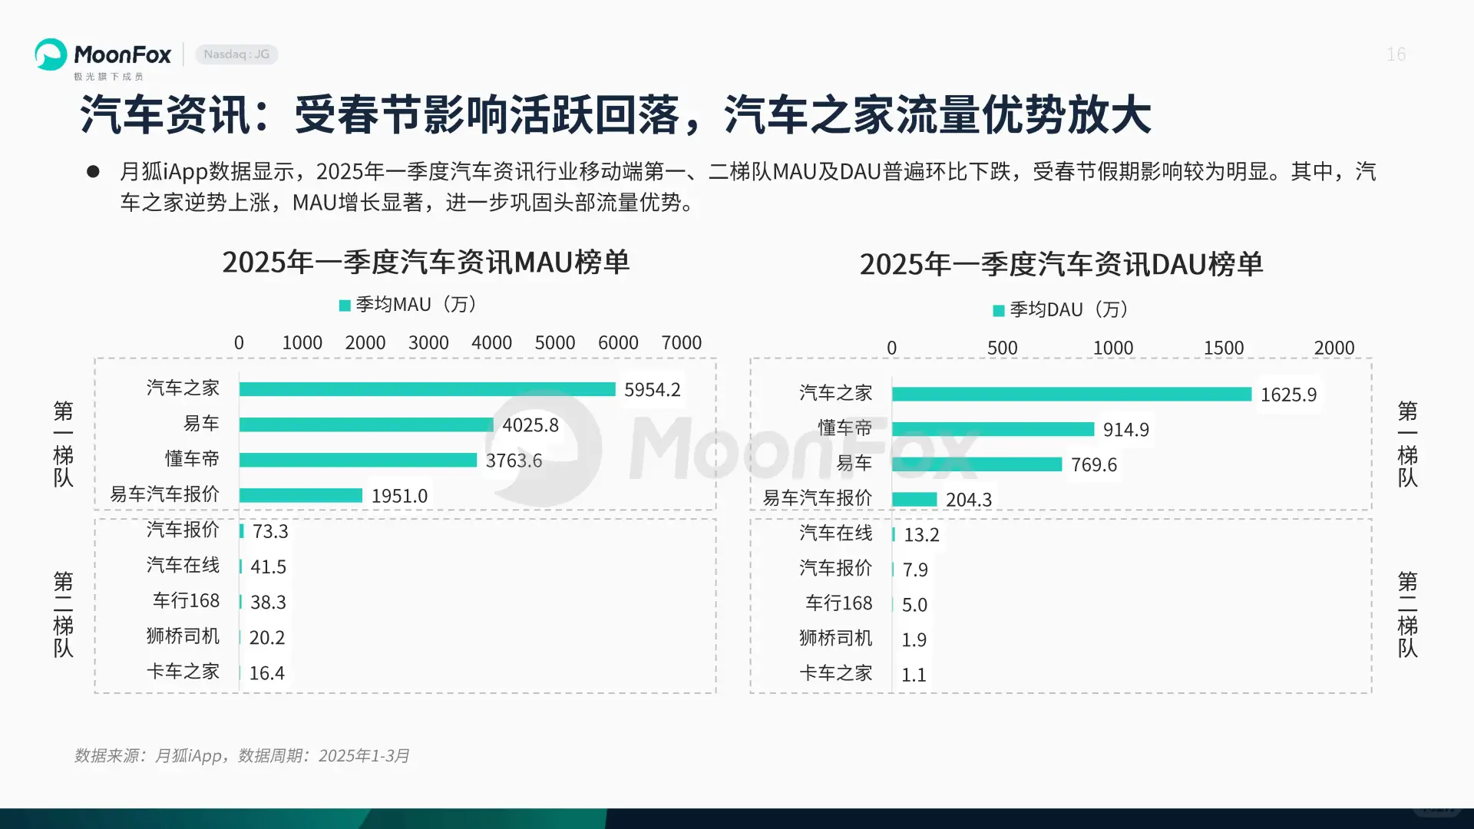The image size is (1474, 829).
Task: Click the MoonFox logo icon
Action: [51, 54]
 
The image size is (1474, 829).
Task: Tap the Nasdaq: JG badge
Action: [236, 54]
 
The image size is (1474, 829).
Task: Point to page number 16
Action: [1396, 54]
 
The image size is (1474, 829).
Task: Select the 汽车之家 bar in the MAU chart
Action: [427, 389]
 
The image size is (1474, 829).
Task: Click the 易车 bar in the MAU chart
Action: [366, 424]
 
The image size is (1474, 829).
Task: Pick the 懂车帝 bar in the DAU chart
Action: [993, 429]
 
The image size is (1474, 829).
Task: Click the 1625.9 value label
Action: [1288, 395]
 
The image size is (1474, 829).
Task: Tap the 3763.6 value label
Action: [514, 461]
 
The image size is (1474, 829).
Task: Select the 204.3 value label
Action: [969, 500]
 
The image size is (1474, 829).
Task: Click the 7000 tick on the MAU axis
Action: [681, 342]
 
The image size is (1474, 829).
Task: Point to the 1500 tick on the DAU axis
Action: [1223, 348]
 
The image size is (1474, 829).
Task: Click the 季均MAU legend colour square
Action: [345, 306]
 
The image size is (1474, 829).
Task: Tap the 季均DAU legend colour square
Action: [999, 310]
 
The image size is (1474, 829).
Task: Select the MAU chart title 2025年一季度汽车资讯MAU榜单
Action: [426, 263]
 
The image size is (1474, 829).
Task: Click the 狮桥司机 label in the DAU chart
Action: [835, 638]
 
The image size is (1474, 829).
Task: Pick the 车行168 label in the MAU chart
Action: [186, 600]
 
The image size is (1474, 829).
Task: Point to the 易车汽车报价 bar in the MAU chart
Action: [300, 495]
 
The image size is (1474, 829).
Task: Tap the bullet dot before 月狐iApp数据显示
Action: [93, 171]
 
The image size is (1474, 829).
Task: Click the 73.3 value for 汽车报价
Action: [270, 531]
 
